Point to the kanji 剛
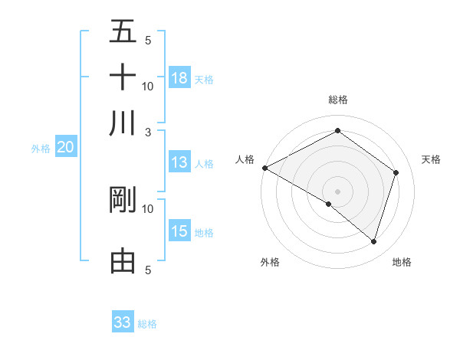(123, 200)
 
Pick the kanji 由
(123, 261)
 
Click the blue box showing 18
(179, 78)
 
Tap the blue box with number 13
(179, 162)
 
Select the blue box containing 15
(179, 231)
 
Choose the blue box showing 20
(65, 148)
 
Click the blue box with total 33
(123, 322)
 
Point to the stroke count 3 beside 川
(148, 131)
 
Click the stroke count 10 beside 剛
(148, 208)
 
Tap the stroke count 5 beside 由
(148, 270)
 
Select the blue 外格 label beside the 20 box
(41, 149)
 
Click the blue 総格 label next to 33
(147, 323)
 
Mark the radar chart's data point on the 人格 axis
(264, 168)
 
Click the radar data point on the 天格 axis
(396, 172)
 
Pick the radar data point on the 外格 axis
(329, 204)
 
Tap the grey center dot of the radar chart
(337, 191)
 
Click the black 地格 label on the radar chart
(402, 262)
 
